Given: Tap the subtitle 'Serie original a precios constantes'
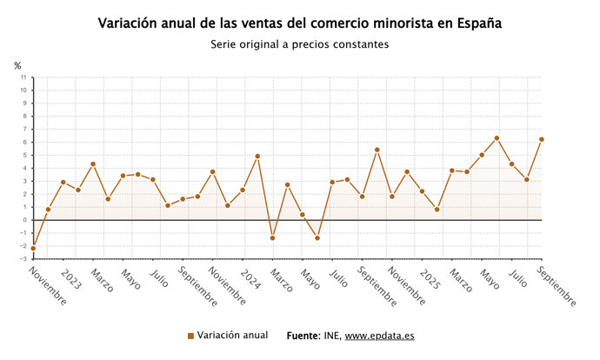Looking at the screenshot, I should coord(299,44).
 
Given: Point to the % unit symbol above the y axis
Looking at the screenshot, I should coord(17,65).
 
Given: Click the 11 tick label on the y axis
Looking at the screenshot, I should coord(25,77).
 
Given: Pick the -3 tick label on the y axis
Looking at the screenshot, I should coord(25,259).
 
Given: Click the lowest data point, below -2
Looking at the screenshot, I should coord(33,249).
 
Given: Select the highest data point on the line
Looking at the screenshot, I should coord(497,138).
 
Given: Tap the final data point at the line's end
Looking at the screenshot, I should coord(542,139).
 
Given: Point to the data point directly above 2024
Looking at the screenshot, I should coord(243,190).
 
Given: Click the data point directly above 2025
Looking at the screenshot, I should coord(422,191).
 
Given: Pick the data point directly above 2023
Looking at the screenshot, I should coord(63,182).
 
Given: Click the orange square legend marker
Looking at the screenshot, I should coord(190,336).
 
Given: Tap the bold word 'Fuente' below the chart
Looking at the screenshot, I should coord(303,336).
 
